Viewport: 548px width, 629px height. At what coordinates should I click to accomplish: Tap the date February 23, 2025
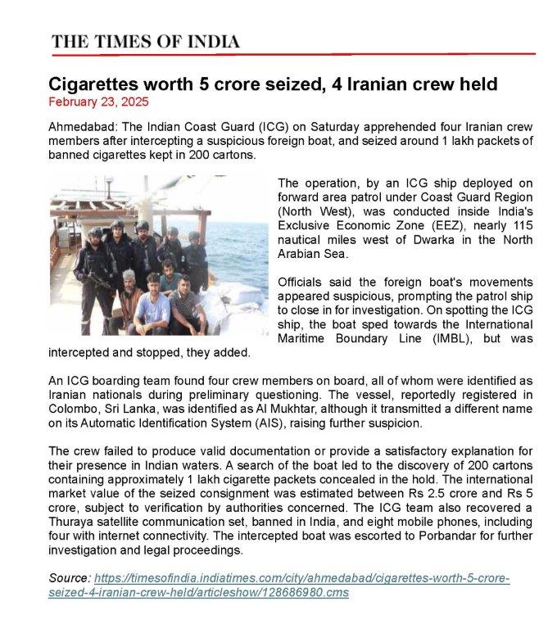pyautogui.click(x=99, y=102)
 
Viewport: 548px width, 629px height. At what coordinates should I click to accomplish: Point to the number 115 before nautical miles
pyautogui.click(x=510, y=227)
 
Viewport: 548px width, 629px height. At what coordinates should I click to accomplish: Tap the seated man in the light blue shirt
pyautogui.click(x=152, y=307)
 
